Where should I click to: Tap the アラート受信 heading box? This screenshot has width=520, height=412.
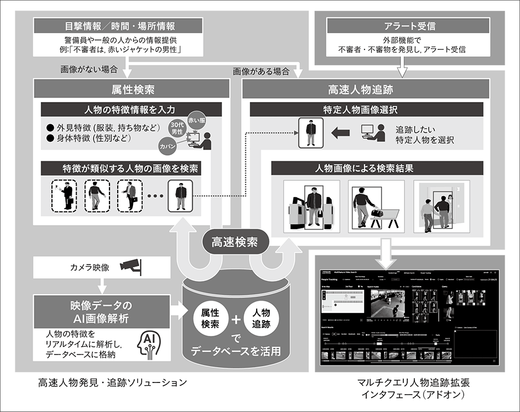tap(402, 25)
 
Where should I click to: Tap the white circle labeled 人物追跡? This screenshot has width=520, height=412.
tap(261, 317)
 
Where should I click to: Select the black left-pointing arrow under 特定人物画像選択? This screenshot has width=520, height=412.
tap(341, 132)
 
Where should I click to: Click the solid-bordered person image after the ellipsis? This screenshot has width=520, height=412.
tap(181, 196)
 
